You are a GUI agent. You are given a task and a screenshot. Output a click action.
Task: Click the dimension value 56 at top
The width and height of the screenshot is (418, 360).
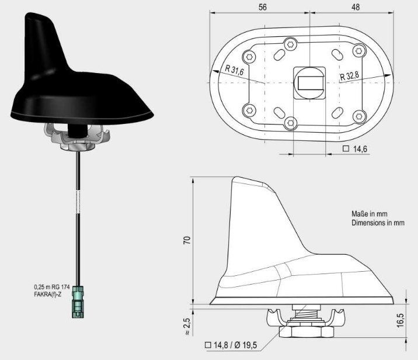[262, 7]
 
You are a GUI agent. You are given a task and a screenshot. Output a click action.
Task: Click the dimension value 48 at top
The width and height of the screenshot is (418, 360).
[356, 7]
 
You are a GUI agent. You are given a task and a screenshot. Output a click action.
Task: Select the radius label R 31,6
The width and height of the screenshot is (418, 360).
[234, 70]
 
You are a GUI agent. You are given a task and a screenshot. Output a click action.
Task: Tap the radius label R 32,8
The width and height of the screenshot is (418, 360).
[350, 76]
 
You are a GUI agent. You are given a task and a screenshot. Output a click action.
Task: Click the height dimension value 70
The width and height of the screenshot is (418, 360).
[187, 240]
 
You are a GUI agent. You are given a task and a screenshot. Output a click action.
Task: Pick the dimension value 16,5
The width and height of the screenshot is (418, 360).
[400, 320]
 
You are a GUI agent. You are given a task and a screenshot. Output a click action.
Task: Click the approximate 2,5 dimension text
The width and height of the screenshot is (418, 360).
[187, 326]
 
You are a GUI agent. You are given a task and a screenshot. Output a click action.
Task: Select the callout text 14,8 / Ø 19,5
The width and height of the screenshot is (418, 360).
[231, 345]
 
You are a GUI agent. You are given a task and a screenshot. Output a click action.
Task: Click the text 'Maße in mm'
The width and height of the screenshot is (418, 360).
[370, 214]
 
